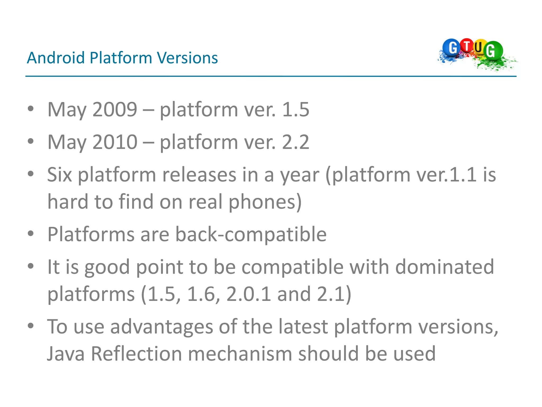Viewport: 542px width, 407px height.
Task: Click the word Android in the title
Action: pos(56,58)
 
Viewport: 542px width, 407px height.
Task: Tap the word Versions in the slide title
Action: pos(187,58)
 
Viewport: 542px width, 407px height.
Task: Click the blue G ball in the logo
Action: pos(452,48)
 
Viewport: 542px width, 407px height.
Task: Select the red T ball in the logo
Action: pos(467,46)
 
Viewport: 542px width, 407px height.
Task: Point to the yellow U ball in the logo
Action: pos(479,48)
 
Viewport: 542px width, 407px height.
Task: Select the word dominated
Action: pos(445,267)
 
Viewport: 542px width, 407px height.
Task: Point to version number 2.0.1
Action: pos(249,294)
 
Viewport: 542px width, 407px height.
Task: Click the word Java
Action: pos(66,354)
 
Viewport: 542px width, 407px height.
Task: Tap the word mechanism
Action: pos(240,354)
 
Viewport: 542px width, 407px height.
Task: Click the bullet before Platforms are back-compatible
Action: pos(31,234)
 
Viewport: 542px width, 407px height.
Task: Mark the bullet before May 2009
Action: pos(31,108)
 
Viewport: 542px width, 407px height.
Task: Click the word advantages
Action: pos(161,326)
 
